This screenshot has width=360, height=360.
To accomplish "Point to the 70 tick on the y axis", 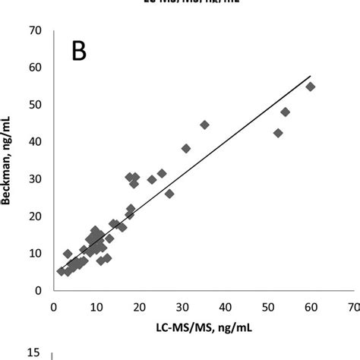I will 34,30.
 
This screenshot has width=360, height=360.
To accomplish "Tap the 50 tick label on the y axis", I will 34,105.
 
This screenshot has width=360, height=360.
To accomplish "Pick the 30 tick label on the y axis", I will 34,178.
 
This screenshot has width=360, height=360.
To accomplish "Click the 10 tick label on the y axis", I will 34,253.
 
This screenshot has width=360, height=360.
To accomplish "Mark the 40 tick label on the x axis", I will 225,307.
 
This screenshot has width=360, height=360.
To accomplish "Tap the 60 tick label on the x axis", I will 311,307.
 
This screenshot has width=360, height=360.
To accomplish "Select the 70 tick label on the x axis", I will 352,307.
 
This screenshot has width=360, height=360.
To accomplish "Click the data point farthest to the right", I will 310,87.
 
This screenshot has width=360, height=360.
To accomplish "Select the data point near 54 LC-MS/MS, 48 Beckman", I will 286,112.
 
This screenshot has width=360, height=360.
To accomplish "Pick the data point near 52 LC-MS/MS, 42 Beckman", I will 278,133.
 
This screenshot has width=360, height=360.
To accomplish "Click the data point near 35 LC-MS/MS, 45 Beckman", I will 204,125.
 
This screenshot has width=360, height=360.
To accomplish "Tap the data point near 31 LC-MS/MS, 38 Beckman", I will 186,148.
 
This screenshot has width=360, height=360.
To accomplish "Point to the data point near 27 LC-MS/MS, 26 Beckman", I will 169,194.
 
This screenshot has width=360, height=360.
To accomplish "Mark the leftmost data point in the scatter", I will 62,270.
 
